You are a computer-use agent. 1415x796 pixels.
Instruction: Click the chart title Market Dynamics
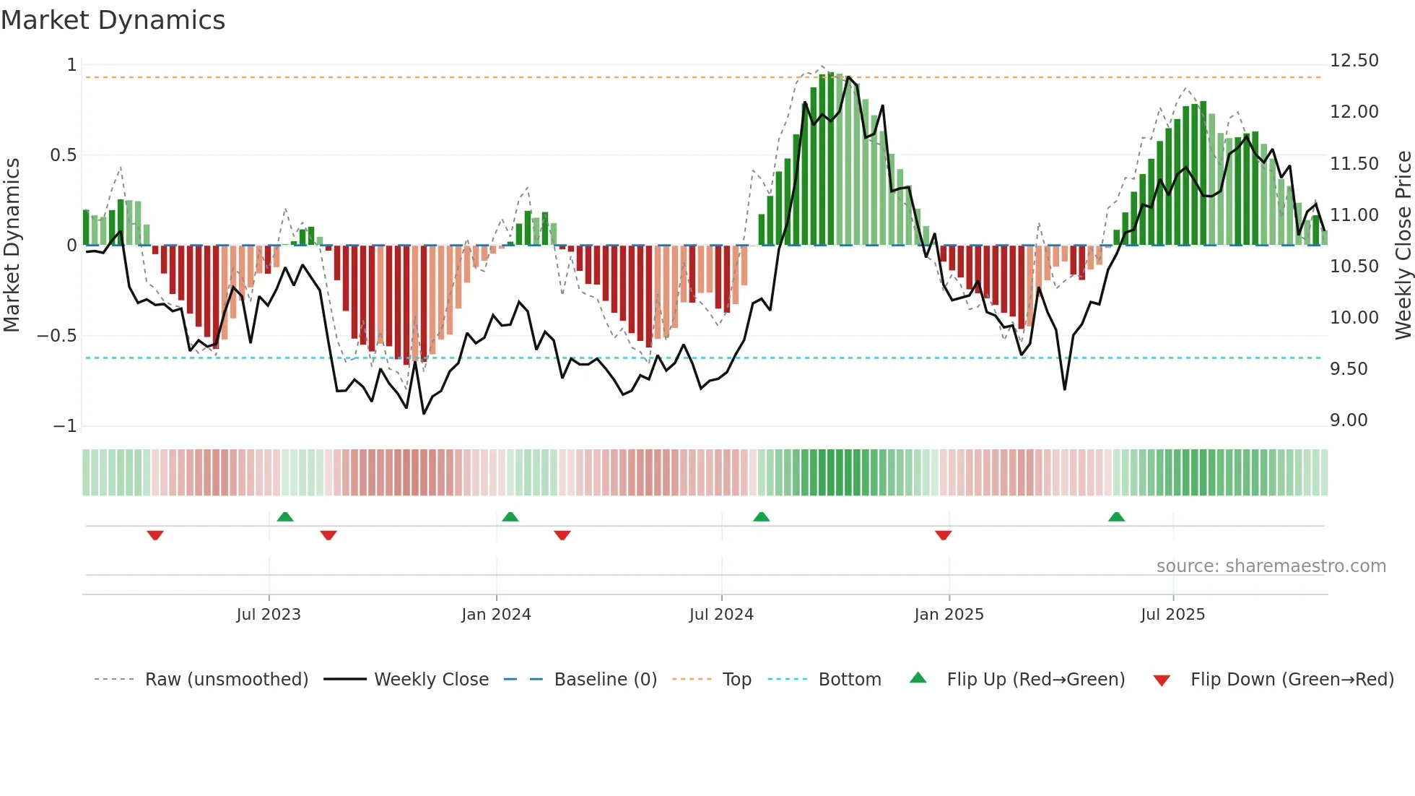tap(113, 20)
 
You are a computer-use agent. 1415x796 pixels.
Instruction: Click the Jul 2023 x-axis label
tap(269, 615)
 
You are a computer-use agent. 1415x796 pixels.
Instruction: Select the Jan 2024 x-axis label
tap(496, 615)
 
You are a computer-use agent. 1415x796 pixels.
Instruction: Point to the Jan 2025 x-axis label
tap(949, 615)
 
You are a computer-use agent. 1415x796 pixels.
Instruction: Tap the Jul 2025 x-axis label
tap(1172, 615)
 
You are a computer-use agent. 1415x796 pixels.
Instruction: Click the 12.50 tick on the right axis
tap(1354, 61)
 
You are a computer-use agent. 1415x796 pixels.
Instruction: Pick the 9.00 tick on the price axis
tap(1349, 420)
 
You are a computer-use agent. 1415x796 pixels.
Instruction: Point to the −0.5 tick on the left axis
tap(57, 336)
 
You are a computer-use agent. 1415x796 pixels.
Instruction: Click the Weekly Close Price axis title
tap(1403, 245)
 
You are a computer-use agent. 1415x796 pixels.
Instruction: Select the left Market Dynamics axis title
tap(12, 245)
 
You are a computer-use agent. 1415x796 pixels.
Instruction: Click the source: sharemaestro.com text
tap(1271, 566)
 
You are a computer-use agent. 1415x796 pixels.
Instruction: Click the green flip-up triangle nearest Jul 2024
tap(761, 517)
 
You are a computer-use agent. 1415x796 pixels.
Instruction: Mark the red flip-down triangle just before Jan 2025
tap(943, 535)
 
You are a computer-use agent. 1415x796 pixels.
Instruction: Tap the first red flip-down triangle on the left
tap(155, 535)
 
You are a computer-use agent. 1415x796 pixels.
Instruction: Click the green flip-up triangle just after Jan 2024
tap(510, 517)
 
